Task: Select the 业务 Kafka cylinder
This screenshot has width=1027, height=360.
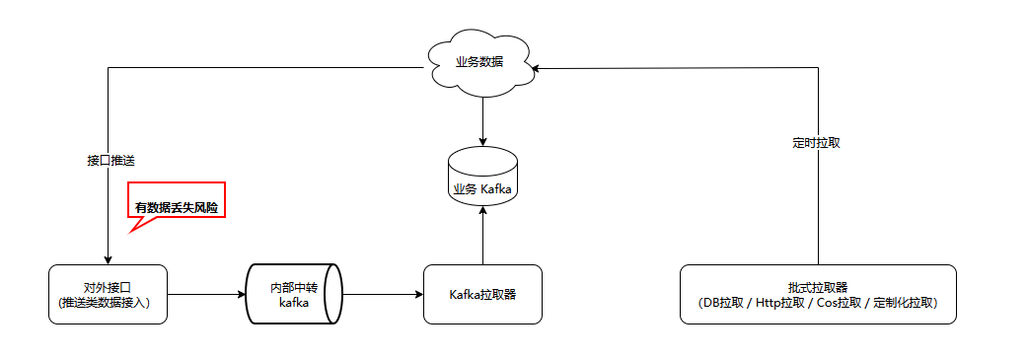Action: click(x=482, y=178)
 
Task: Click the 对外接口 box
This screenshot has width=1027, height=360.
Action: click(x=108, y=294)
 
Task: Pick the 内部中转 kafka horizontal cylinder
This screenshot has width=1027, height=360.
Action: click(x=294, y=294)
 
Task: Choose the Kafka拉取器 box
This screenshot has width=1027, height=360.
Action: click(x=482, y=294)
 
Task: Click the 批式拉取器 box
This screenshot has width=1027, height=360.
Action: click(x=818, y=294)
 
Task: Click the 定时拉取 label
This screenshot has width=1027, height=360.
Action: click(x=817, y=142)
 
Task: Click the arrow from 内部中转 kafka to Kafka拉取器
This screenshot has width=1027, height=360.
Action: click(x=383, y=294)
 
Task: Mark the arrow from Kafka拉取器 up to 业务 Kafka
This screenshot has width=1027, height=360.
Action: click(x=482, y=237)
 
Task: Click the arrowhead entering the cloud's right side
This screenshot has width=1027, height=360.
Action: click(x=534, y=68)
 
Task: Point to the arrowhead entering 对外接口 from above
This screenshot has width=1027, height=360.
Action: click(x=108, y=259)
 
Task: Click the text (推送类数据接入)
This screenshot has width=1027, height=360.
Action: click(x=108, y=303)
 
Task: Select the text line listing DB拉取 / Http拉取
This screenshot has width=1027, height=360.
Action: click(x=818, y=303)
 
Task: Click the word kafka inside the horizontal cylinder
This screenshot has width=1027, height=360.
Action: click(x=295, y=303)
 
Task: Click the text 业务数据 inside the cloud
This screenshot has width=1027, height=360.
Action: click(x=479, y=61)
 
